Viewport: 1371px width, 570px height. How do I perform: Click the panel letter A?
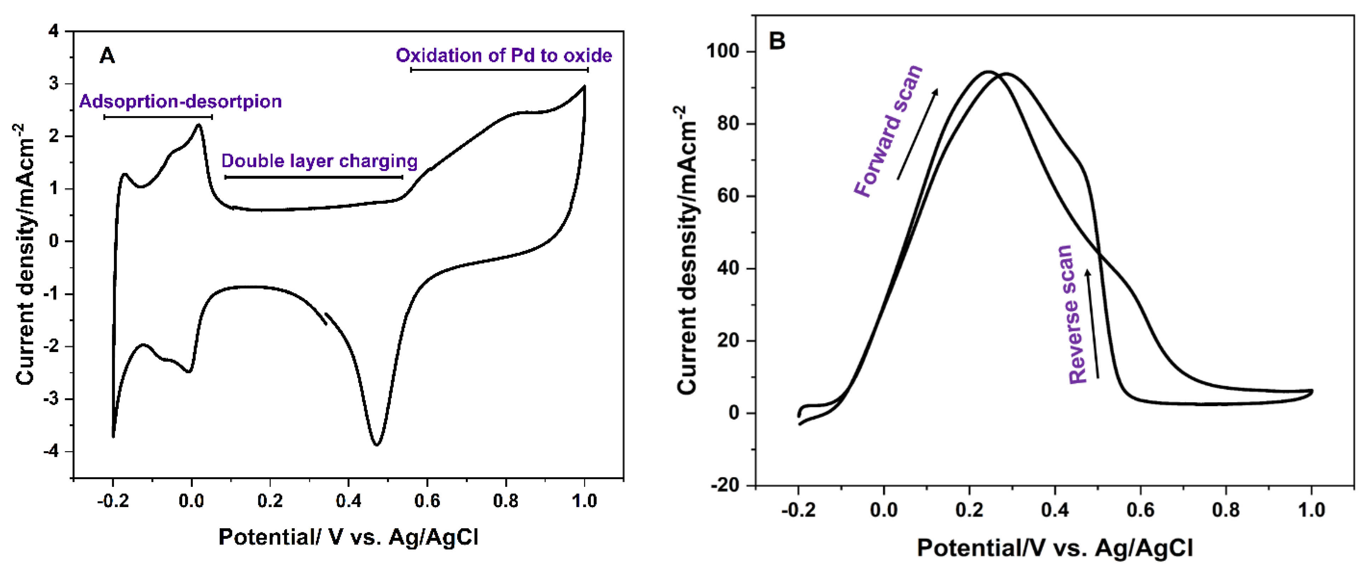[x=107, y=55]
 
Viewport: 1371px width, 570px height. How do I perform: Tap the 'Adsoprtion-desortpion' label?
[x=180, y=101]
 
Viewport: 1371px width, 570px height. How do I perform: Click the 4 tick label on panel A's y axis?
[x=54, y=31]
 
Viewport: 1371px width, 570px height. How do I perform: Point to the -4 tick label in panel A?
[x=51, y=452]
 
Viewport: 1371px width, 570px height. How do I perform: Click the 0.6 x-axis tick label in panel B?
[x=1140, y=510]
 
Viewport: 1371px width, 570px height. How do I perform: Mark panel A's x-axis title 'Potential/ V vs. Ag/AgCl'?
[x=348, y=537]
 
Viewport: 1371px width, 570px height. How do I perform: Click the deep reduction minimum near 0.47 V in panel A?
[x=376, y=444]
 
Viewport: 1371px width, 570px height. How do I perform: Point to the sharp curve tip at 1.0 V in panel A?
[x=584, y=86]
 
